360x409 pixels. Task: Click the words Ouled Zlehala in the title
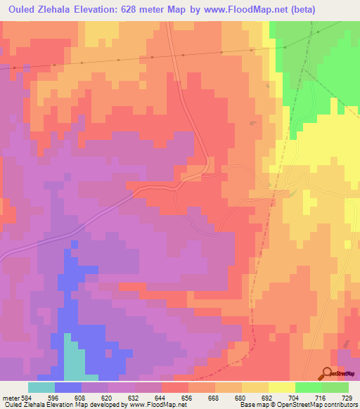click(x=34, y=10)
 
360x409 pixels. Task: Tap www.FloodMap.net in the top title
click(x=227, y=10)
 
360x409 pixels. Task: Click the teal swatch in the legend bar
click(x=41, y=387)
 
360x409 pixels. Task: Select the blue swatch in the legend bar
click(x=68, y=387)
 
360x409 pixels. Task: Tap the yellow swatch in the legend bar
click(x=282, y=387)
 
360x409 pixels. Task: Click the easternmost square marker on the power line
click(x=285, y=47)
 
